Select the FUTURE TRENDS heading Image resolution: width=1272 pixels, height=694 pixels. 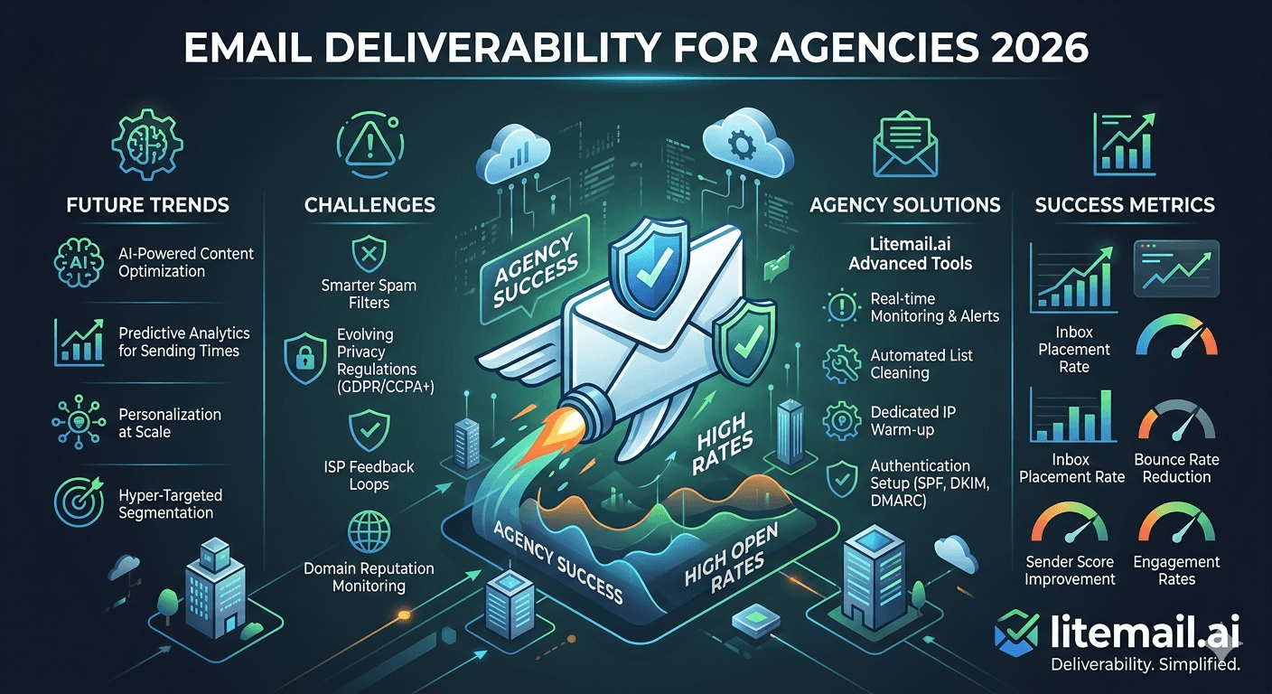pos(147,205)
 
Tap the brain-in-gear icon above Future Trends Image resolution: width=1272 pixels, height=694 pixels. pos(145,140)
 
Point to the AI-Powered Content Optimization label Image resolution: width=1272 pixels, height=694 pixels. pos(186,262)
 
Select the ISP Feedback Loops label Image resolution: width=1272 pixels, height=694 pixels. pos(369,475)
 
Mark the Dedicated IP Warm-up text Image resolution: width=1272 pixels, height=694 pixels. pos(912,420)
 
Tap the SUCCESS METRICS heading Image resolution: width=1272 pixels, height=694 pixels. pos(1125,205)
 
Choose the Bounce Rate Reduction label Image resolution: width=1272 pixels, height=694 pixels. pos(1175,468)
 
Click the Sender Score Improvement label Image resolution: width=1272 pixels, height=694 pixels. pos(1070,570)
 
